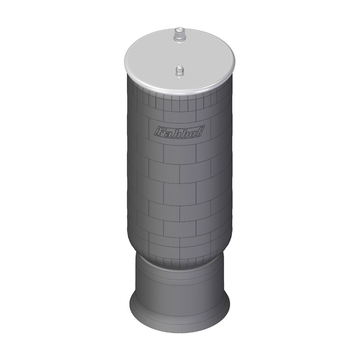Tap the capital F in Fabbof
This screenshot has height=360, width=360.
pos(159,131)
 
